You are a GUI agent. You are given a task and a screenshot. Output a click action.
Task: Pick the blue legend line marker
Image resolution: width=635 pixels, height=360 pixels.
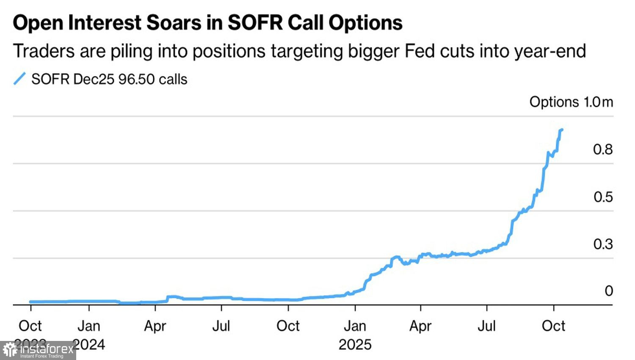pos(19,79)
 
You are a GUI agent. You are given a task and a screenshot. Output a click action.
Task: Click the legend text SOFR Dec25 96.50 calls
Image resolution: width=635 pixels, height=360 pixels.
pos(109,79)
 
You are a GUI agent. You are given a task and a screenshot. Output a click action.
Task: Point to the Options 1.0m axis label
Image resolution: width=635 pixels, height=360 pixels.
pos(571,102)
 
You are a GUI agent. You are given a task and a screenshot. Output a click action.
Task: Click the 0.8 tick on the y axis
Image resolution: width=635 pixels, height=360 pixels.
pos(602,150)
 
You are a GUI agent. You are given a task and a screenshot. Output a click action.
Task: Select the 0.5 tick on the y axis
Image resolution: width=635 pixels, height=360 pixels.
pos(602,197)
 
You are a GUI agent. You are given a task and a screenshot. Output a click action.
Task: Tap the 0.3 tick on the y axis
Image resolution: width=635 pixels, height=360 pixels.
pos(602,244)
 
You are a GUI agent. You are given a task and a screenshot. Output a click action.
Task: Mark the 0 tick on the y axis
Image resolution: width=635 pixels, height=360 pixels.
pos(608,291)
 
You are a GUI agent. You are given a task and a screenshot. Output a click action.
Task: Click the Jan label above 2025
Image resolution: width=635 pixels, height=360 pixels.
pos(355,326)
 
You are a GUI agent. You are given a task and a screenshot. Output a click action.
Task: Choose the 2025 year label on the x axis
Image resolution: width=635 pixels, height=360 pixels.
pos(355,345)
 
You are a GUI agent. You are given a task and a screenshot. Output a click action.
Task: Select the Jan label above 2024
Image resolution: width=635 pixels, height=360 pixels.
pos(89,326)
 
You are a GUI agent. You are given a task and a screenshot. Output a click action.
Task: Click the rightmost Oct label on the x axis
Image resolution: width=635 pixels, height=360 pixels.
pos(553,326)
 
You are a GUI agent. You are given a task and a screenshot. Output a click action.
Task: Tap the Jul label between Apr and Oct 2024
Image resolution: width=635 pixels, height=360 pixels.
pos(221,326)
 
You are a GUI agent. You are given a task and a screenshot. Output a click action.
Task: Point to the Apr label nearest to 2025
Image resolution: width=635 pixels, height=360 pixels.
pos(420,326)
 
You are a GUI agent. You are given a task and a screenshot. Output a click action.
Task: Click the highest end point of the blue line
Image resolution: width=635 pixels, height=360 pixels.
pos(562,130)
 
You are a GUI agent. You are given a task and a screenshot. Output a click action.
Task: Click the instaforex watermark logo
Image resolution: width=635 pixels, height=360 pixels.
pos(38,351)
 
